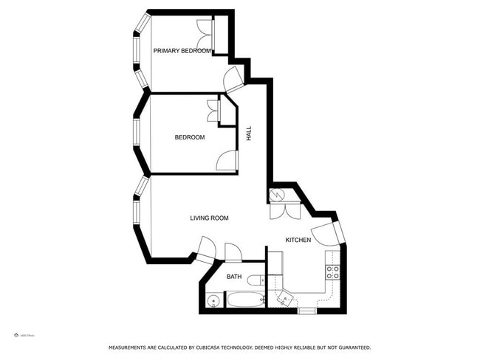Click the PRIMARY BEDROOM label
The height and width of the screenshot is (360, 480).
click(x=182, y=51)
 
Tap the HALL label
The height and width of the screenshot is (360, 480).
click(x=249, y=134)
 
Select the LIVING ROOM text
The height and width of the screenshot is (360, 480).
click(x=209, y=218)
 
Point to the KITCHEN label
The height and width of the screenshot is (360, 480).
click(x=298, y=240)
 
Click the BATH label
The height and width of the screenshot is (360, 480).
click(x=234, y=277)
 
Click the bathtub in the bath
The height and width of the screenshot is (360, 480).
click(x=246, y=300)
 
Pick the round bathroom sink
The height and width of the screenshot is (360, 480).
click(x=213, y=300)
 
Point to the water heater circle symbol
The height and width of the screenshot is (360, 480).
click(x=277, y=195)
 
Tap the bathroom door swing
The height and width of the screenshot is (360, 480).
click(x=233, y=252)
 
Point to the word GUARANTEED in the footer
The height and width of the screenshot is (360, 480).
click(x=351, y=347)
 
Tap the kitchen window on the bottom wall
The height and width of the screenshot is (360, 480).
click(x=306, y=311)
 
